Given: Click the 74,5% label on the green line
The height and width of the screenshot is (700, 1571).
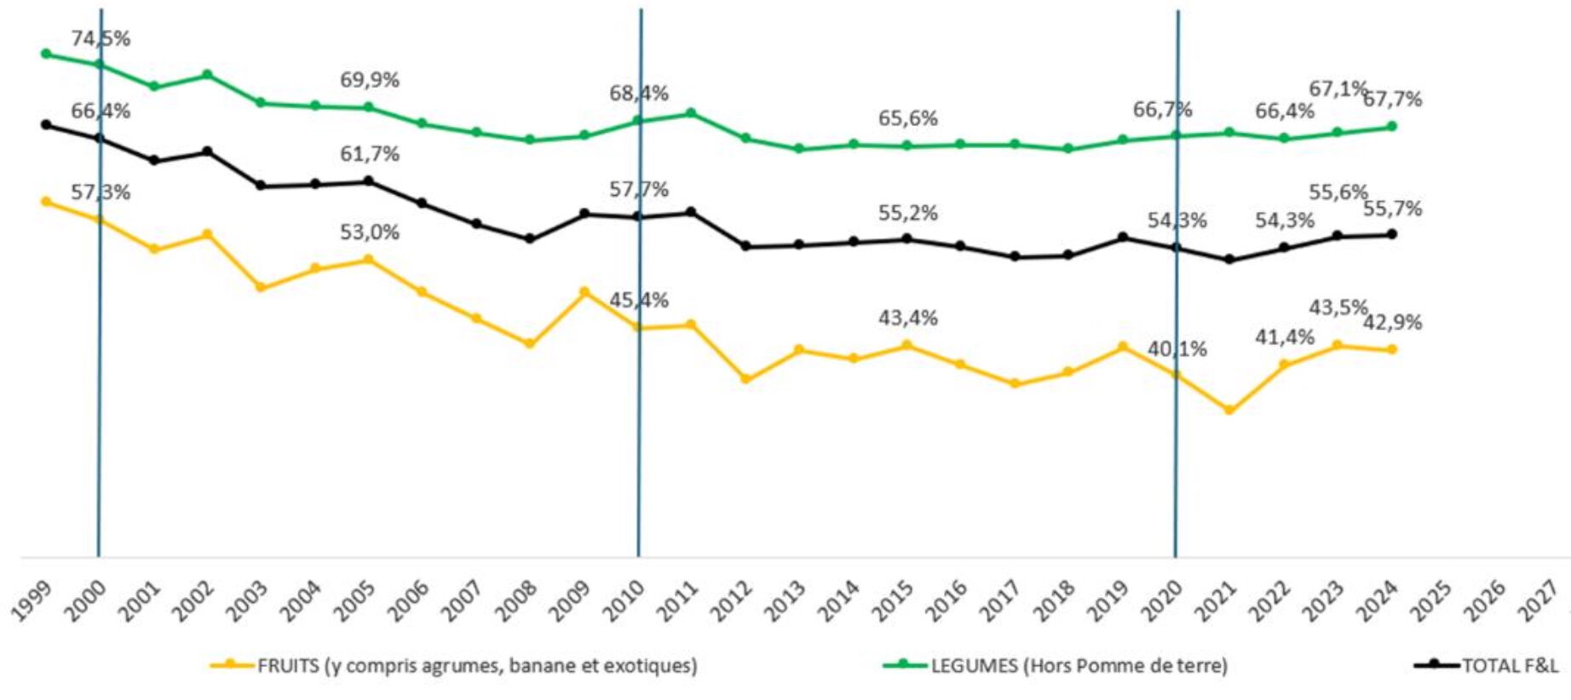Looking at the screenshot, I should (101, 39).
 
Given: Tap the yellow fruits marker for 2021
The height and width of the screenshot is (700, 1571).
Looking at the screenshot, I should (1229, 410).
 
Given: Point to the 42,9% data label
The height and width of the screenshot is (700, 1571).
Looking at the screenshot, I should (1392, 323).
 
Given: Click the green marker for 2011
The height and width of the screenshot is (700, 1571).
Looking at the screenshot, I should (691, 112).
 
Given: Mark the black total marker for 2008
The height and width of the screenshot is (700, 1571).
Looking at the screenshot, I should (529, 238).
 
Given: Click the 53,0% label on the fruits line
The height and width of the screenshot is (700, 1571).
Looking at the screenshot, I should (369, 232).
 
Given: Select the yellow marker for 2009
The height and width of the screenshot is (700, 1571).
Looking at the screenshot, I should (584, 292).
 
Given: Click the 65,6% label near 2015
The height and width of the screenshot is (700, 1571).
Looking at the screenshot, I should (907, 118).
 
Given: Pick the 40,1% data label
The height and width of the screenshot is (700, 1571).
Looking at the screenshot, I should (1177, 349).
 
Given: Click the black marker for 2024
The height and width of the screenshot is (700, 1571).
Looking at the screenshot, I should (1392, 234).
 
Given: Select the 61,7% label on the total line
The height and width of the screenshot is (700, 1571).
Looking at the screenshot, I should (369, 154).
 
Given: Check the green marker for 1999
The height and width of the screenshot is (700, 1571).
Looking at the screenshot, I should (46, 54).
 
